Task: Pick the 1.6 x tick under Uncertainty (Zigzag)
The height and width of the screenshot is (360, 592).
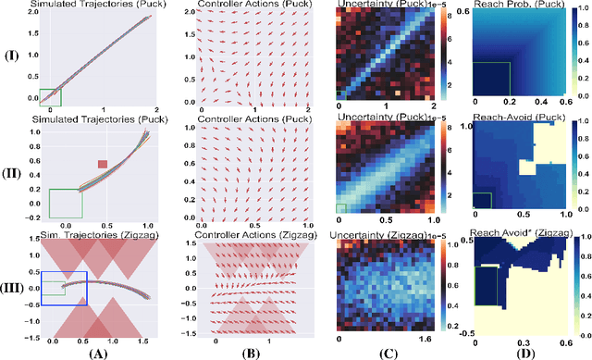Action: coord(432,341)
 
